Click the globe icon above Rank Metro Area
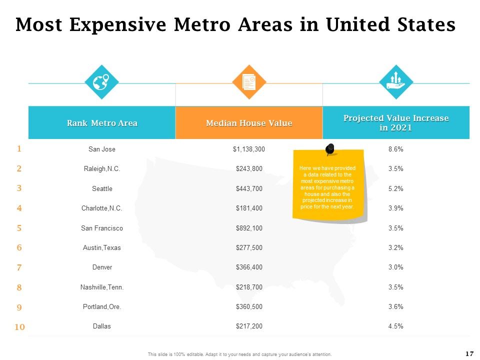click(x=101, y=82)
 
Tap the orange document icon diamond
click(x=249, y=82)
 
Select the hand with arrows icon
click(x=396, y=81)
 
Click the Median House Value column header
click(x=249, y=123)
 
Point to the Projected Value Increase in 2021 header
click(x=396, y=123)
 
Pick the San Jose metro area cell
click(x=102, y=149)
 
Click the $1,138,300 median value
click(x=249, y=149)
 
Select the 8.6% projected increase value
click(x=396, y=149)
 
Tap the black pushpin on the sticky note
click(x=329, y=149)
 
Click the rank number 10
click(x=19, y=327)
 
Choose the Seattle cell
click(x=102, y=188)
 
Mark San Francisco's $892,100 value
click(x=249, y=228)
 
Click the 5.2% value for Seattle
click(x=396, y=188)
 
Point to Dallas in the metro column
click(x=101, y=326)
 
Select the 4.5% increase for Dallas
click(x=396, y=326)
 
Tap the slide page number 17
click(x=469, y=353)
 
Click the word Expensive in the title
click(x=118, y=24)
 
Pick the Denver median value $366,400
click(x=249, y=267)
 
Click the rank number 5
click(x=19, y=228)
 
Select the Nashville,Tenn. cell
click(x=102, y=287)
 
